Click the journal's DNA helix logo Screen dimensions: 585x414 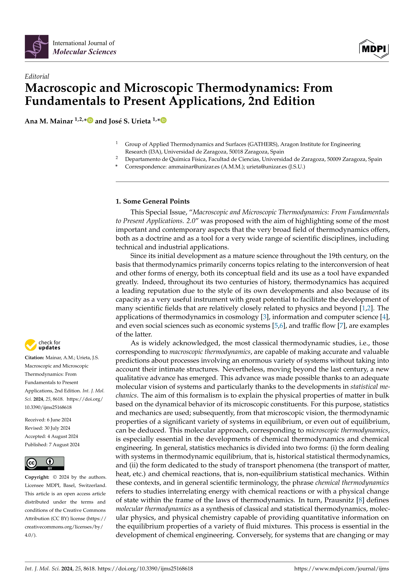coord(36,47)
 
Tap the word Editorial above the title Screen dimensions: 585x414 coord(37,76)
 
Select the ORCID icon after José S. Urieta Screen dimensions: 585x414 coord(164,120)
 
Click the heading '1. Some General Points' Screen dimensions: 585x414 coord(152,201)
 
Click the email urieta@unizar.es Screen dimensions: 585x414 coord(266,167)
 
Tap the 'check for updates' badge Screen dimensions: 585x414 coord(43,345)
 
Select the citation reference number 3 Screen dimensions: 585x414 coord(265,317)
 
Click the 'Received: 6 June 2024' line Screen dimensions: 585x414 coord(48,420)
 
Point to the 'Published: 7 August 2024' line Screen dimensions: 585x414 coord(52,445)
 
